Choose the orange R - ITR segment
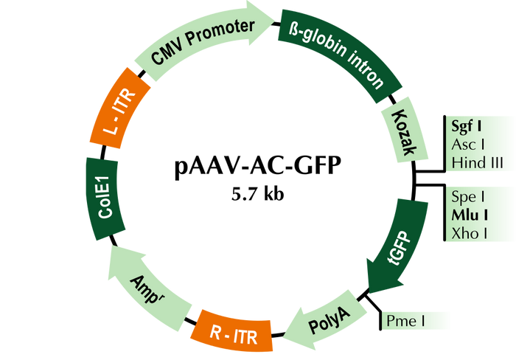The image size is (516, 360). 232,333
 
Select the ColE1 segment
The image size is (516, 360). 103,200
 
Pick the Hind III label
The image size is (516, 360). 477,162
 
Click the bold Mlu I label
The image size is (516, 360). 470,215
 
